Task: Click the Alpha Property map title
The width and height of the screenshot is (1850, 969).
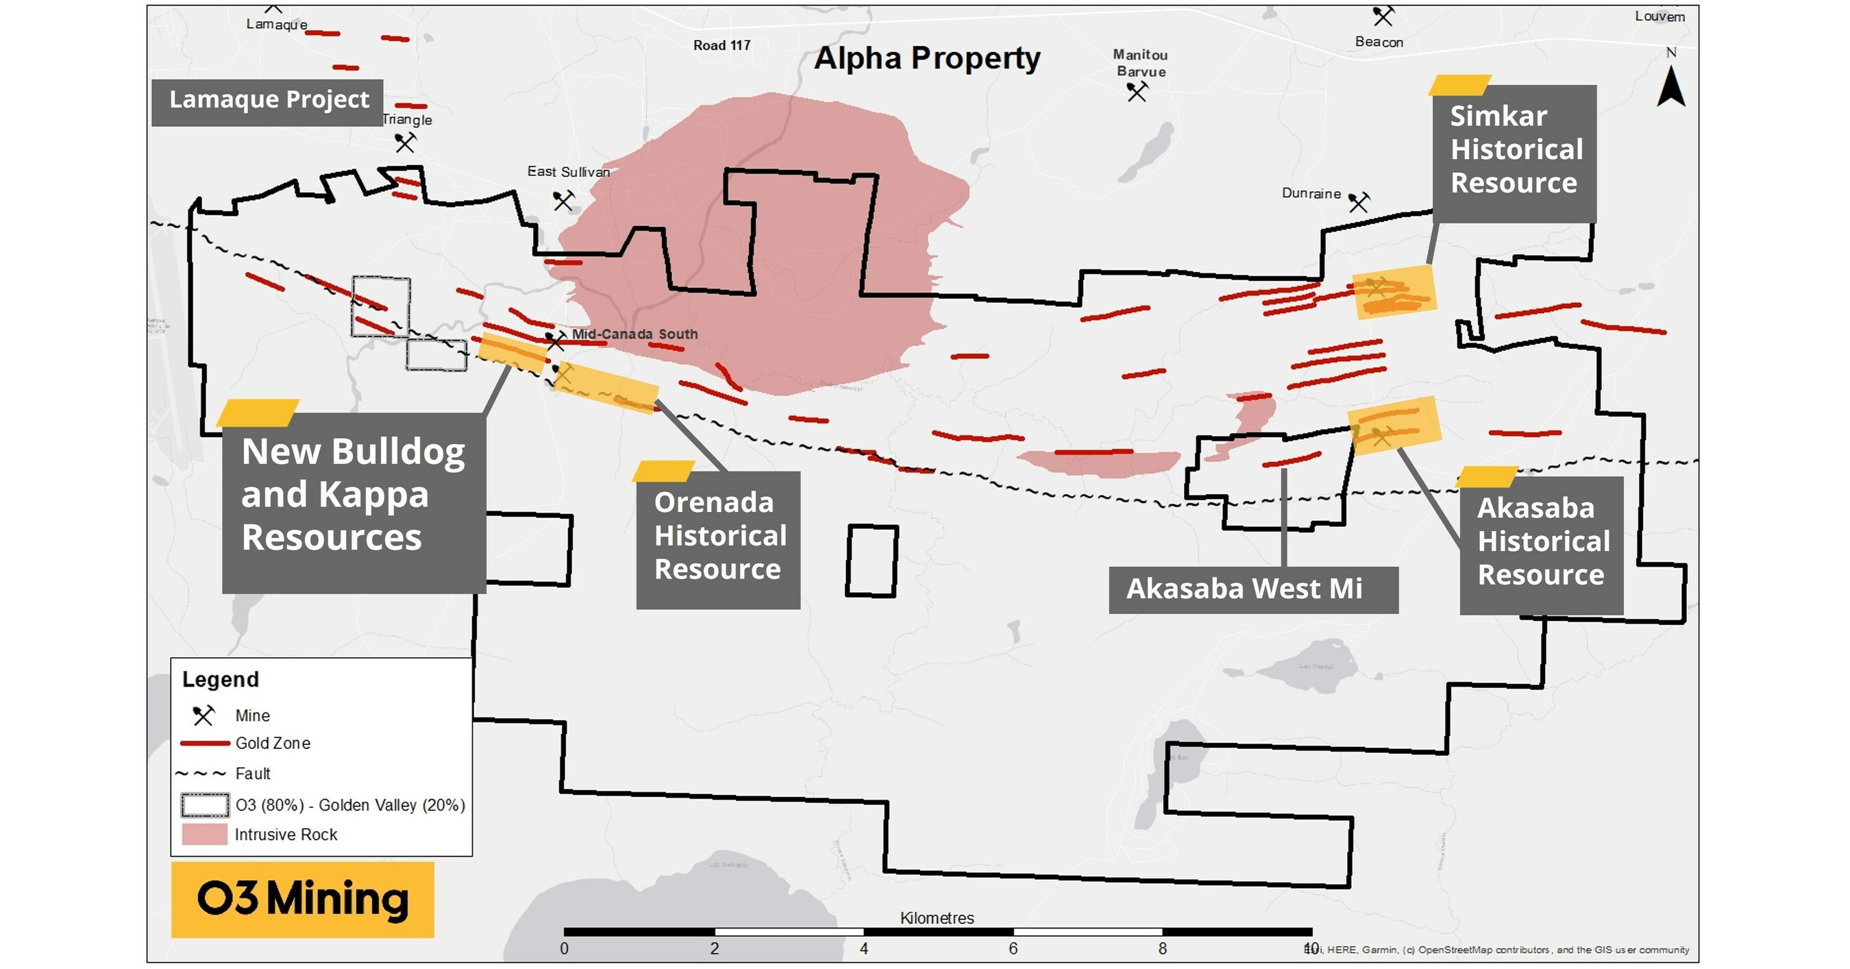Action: pyautogui.click(x=926, y=58)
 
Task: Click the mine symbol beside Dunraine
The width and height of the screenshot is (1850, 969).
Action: pyautogui.click(x=1358, y=203)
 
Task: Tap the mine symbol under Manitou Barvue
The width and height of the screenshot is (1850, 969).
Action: pyautogui.click(x=1136, y=92)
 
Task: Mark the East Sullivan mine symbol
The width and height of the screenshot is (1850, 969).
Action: pyautogui.click(x=564, y=200)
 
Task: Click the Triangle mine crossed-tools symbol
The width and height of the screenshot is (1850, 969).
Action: pyautogui.click(x=405, y=143)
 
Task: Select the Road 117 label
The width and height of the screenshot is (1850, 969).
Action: pyautogui.click(x=721, y=46)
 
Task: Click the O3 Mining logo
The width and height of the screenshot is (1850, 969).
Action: pyautogui.click(x=302, y=899)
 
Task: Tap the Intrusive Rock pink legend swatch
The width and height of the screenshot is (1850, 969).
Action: pyautogui.click(x=204, y=835)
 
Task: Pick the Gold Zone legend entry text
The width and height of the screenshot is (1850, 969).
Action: pyautogui.click(x=273, y=744)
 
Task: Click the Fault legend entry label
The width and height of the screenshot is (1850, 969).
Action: pyautogui.click(x=253, y=774)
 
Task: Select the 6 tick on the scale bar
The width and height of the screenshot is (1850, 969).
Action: pyautogui.click(x=1013, y=949)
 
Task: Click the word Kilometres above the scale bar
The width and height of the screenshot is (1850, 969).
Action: pyautogui.click(x=937, y=918)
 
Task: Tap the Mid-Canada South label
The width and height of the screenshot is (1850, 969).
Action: pyautogui.click(x=634, y=334)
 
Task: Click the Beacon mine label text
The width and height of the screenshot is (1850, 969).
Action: pyautogui.click(x=1379, y=42)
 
